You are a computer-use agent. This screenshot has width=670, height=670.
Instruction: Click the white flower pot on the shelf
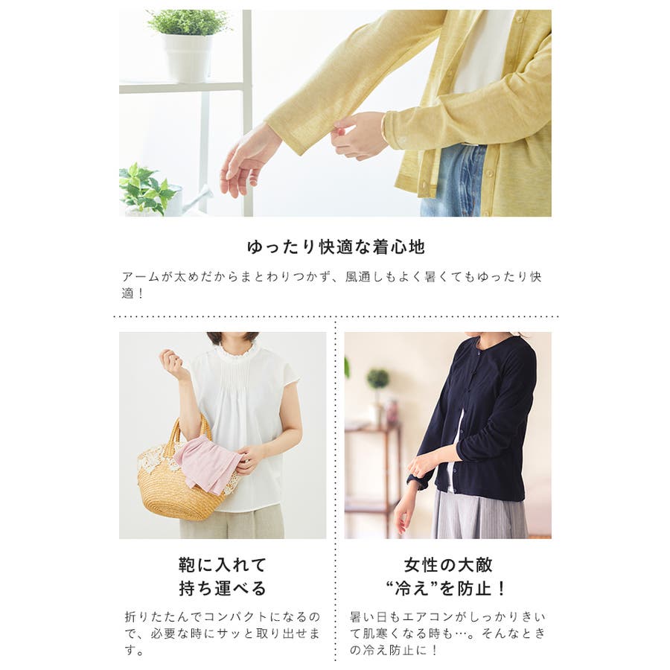[188, 58]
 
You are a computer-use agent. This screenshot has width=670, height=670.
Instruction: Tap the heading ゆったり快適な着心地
[336, 247]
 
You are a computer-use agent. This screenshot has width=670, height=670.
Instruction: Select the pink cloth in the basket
[208, 464]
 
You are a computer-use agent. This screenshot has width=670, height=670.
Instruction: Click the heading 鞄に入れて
[223, 565]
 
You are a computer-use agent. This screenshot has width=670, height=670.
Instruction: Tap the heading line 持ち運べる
[223, 588]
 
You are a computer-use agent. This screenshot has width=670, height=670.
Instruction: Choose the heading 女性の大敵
[448, 565]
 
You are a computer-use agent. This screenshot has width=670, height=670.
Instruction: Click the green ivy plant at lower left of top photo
[145, 189]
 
